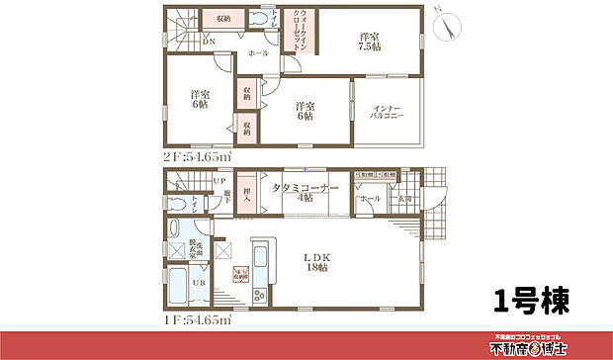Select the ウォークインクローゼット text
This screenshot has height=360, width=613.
[297, 36]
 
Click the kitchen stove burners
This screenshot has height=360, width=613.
[258, 295]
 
